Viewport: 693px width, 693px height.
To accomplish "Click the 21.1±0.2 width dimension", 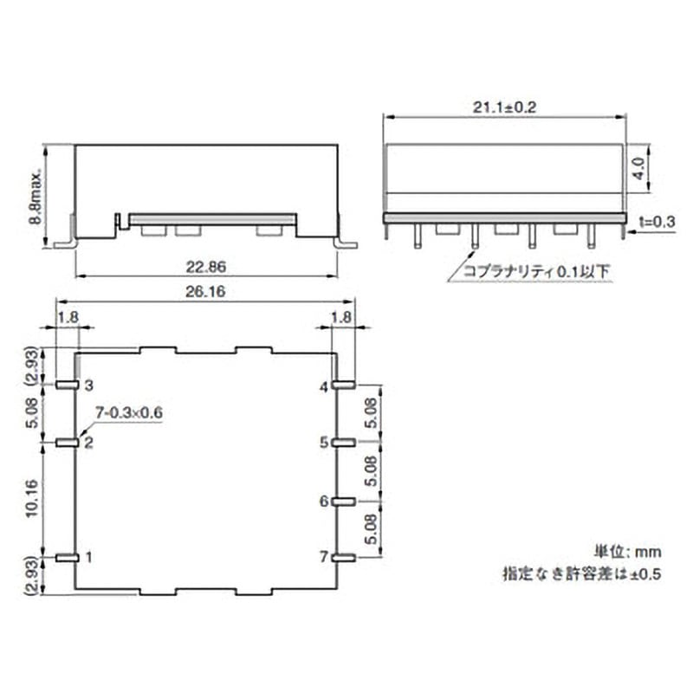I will (x=504, y=107).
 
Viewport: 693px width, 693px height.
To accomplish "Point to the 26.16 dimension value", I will (x=205, y=294).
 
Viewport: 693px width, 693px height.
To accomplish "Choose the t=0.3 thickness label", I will (x=656, y=223).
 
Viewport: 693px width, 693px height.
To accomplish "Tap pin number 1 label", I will (x=87, y=557).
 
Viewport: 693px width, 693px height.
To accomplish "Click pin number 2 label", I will (x=87, y=443).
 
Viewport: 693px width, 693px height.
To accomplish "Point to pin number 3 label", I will (x=87, y=385).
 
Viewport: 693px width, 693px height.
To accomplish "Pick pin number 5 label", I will (x=323, y=443).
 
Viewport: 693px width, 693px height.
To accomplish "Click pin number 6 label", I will (x=323, y=501).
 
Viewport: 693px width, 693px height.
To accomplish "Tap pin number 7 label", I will (x=323, y=557).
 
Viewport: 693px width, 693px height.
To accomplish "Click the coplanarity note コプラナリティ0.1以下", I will (x=537, y=271).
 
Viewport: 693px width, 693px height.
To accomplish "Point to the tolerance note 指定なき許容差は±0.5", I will (x=581, y=573).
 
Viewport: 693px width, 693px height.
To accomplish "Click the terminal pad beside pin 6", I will (x=344, y=501).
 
